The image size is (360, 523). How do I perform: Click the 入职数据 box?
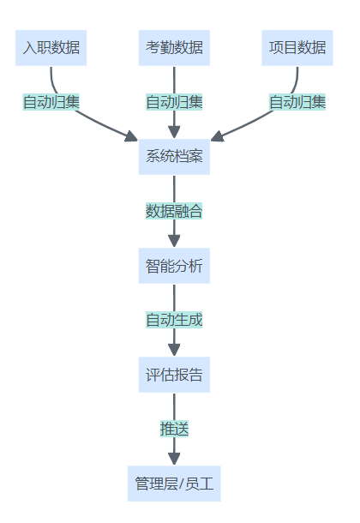pyautogui.click(x=51, y=48)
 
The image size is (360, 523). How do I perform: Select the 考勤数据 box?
pyautogui.click(x=174, y=48)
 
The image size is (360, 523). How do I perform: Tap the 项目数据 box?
pyautogui.click(x=297, y=48)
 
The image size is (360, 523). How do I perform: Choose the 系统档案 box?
pyautogui.click(x=174, y=157)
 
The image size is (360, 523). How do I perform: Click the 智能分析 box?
pyautogui.click(x=174, y=266)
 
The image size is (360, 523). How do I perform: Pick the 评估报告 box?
pyautogui.click(x=174, y=375)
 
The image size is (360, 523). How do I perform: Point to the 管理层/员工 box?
pyautogui.click(x=174, y=484)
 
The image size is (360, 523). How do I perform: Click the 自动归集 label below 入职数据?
pyautogui.click(x=51, y=102)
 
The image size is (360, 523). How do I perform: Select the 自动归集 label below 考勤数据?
pyautogui.click(x=174, y=102)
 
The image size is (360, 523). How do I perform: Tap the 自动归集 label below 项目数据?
pyautogui.click(x=297, y=102)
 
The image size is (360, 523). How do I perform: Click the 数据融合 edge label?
pyautogui.click(x=174, y=211)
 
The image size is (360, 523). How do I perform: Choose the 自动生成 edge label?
pyautogui.click(x=174, y=320)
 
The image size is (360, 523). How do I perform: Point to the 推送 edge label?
pyautogui.click(x=174, y=429)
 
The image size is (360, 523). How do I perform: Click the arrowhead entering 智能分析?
pyautogui.click(x=174, y=241)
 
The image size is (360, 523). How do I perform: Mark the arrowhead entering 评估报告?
pyautogui.click(x=174, y=350)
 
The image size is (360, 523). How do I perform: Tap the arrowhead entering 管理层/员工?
pyautogui.click(x=174, y=459)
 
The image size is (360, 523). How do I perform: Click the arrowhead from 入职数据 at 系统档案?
pyautogui.click(x=132, y=136)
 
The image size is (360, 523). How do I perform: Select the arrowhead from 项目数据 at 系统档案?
pyautogui.click(x=218, y=136)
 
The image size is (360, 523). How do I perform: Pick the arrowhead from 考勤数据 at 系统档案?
pyautogui.click(x=174, y=132)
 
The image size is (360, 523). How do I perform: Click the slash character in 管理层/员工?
pyautogui.click(x=182, y=484)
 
